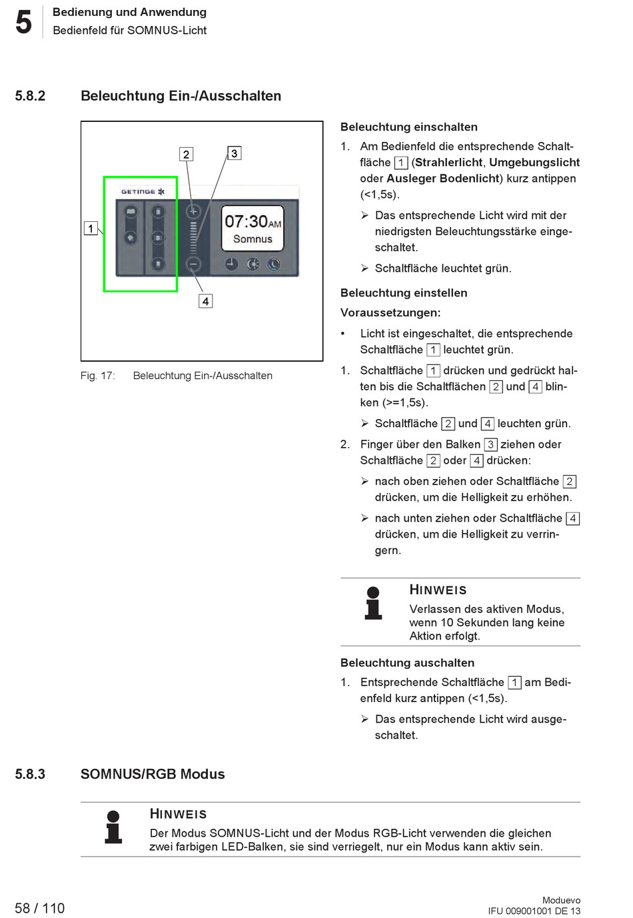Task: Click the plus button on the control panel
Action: point(193,212)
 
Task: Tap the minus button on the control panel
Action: point(193,264)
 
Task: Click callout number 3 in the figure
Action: point(234,153)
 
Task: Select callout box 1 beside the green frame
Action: point(91,229)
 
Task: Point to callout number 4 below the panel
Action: point(206,301)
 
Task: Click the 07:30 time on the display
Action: point(246,221)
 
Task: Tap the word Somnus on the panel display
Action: point(253,239)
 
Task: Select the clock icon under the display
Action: point(231,264)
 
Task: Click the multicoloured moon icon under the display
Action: point(274,264)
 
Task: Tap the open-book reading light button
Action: point(131,213)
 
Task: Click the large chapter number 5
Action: point(23,22)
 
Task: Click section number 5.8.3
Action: point(30,774)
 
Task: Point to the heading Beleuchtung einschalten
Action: point(408,127)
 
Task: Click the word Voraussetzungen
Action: point(390,312)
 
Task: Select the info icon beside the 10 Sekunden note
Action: point(373,604)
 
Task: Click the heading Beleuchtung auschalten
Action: point(407,663)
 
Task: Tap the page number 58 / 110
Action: point(40,908)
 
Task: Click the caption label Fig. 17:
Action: point(97,376)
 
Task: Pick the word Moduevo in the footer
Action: point(561,900)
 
